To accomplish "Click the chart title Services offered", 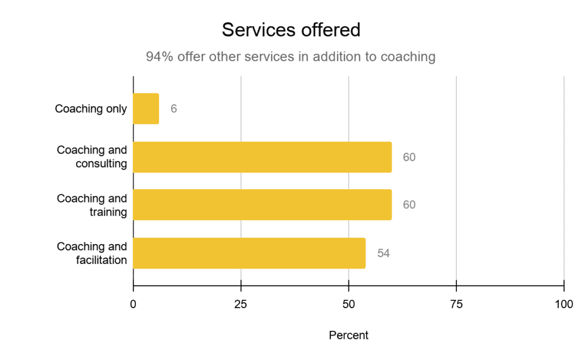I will coord(291,30).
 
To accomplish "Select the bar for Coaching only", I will coord(146,109).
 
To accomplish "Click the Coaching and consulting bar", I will coord(262,157).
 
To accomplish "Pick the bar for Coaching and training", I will coord(262,205).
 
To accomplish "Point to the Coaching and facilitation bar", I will coord(249,253).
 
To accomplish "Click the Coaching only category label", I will coord(91,109).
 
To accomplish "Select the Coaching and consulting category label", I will coord(92,157).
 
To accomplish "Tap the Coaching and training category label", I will coord(92,205).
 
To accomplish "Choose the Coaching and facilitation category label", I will coord(92,253).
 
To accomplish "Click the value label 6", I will coord(173,109).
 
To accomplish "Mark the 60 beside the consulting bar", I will coord(409,157).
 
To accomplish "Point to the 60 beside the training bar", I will coord(409,205).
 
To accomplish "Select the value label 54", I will coord(383,253).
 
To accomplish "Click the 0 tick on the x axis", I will coord(133,304).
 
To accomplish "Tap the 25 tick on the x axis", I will coord(241,304).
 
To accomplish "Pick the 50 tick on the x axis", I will coord(348,304).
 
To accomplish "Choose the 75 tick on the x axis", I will coord(456,304).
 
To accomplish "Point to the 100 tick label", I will coord(564,304).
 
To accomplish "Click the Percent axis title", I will coord(348,336).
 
